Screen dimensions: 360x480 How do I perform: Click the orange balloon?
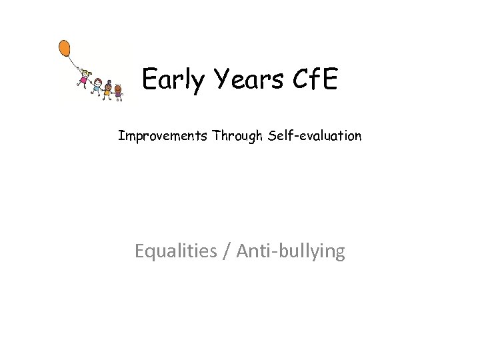point(65,48)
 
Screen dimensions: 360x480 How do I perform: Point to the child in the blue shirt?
point(97,87)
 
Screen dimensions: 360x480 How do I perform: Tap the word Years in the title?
point(241,80)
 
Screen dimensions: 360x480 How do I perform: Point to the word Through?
point(237,136)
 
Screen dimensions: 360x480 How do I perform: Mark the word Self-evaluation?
point(315,136)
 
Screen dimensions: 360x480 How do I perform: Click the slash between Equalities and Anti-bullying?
point(227,251)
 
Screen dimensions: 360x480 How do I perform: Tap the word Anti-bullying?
point(291,251)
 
